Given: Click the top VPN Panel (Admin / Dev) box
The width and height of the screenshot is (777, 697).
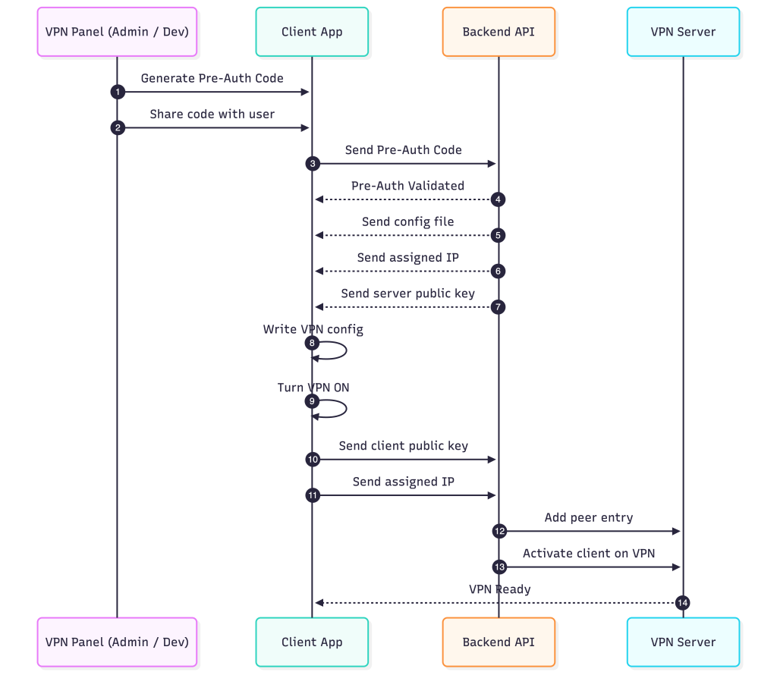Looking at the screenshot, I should point(117,32).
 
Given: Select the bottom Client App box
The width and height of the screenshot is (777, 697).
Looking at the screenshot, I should point(312,642).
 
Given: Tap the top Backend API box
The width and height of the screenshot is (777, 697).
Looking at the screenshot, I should point(499,32).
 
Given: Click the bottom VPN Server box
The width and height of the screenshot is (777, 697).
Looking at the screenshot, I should point(683,642).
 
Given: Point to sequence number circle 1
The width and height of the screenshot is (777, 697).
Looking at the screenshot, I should point(117,92).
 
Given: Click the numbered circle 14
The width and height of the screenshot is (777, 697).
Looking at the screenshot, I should point(683,603).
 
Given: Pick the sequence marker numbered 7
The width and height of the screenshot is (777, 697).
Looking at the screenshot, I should point(499,307).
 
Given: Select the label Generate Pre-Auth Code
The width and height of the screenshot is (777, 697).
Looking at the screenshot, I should point(212,78).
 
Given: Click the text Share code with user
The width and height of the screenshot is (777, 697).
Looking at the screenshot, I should point(212,114).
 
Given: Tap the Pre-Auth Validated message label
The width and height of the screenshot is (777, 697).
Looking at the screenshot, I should point(407,186).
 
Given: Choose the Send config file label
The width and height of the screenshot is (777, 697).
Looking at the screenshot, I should point(407,221).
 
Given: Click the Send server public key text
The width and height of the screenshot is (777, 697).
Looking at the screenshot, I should point(407,294).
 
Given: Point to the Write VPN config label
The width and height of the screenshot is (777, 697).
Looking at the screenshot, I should point(313,329).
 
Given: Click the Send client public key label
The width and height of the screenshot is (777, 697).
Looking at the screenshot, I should point(403,446).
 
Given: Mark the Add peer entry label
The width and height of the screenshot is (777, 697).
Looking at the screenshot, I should point(589,517).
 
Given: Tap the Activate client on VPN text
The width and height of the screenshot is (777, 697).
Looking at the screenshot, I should point(589,554).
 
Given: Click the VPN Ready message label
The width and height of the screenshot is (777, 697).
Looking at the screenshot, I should point(499,589).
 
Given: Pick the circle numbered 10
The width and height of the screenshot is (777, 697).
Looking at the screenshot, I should point(313,460).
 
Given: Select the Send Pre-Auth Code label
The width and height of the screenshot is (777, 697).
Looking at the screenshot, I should point(403,150).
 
